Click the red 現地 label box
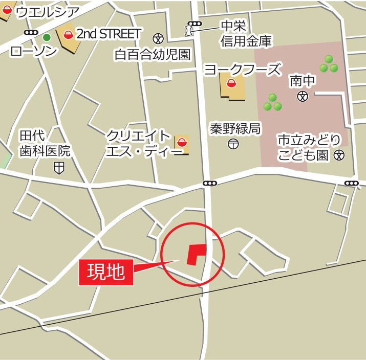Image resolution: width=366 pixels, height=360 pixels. click(x=106, y=272)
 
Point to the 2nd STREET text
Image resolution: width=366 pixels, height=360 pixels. click(x=109, y=34)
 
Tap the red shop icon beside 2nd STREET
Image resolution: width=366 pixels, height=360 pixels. click(x=68, y=35)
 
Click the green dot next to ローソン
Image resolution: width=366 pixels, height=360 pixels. click(x=47, y=37)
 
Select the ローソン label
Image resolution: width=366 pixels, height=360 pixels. click(x=33, y=51)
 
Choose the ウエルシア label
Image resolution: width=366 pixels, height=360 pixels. click(x=48, y=12)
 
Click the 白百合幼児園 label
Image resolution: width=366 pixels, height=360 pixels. click(x=153, y=55)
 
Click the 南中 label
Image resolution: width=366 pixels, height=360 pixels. click(x=303, y=80)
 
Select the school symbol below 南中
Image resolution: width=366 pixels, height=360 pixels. click(x=303, y=96)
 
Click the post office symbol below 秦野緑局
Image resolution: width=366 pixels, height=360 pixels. click(x=233, y=144)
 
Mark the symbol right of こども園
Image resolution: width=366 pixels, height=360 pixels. click(x=339, y=155)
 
